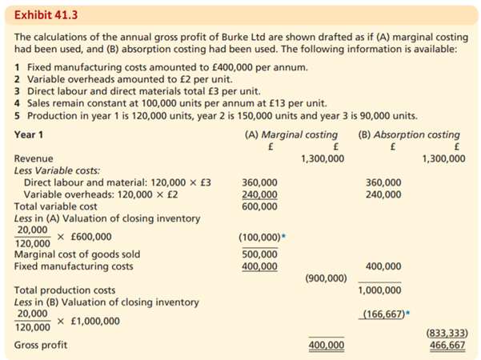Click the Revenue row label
[34, 158]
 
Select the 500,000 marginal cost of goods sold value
[259, 254]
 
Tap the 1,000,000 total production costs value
[382, 290]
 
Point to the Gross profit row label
[41, 345]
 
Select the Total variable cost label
[54, 206]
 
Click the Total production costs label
[65, 290]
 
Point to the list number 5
[18, 114]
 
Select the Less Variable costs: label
[58, 170]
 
